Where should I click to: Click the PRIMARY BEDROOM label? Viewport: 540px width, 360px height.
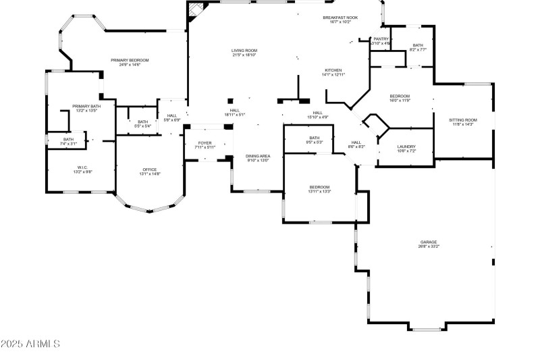(x=130, y=61)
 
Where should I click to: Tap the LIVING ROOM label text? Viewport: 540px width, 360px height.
(x=244, y=51)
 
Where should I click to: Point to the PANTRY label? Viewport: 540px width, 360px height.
(x=381, y=39)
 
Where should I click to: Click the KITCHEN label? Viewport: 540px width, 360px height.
(x=333, y=70)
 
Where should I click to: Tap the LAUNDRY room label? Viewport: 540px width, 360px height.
(x=406, y=147)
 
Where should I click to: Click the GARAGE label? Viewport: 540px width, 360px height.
(x=428, y=242)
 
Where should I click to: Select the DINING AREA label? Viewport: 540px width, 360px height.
(x=257, y=156)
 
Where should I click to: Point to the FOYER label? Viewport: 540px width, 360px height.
(x=205, y=143)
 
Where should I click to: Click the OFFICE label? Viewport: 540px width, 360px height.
(x=149, y=170)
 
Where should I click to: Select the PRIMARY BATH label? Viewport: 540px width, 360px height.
(x=86, y=106)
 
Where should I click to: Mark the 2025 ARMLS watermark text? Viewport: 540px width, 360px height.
(x=30, y=344)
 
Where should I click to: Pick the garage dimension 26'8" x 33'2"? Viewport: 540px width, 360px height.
(x=428, y=247)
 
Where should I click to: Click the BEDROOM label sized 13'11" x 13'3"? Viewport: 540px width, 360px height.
(x=319, y=187)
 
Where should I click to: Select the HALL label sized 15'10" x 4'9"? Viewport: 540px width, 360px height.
(x=317, y=113)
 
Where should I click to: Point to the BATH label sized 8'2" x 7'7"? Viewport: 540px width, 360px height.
(x=418, y=45)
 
